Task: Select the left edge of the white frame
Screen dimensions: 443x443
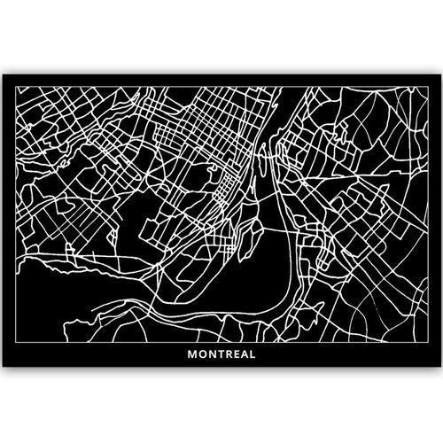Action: pos(9,221)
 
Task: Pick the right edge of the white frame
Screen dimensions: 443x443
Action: pos(434,221)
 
